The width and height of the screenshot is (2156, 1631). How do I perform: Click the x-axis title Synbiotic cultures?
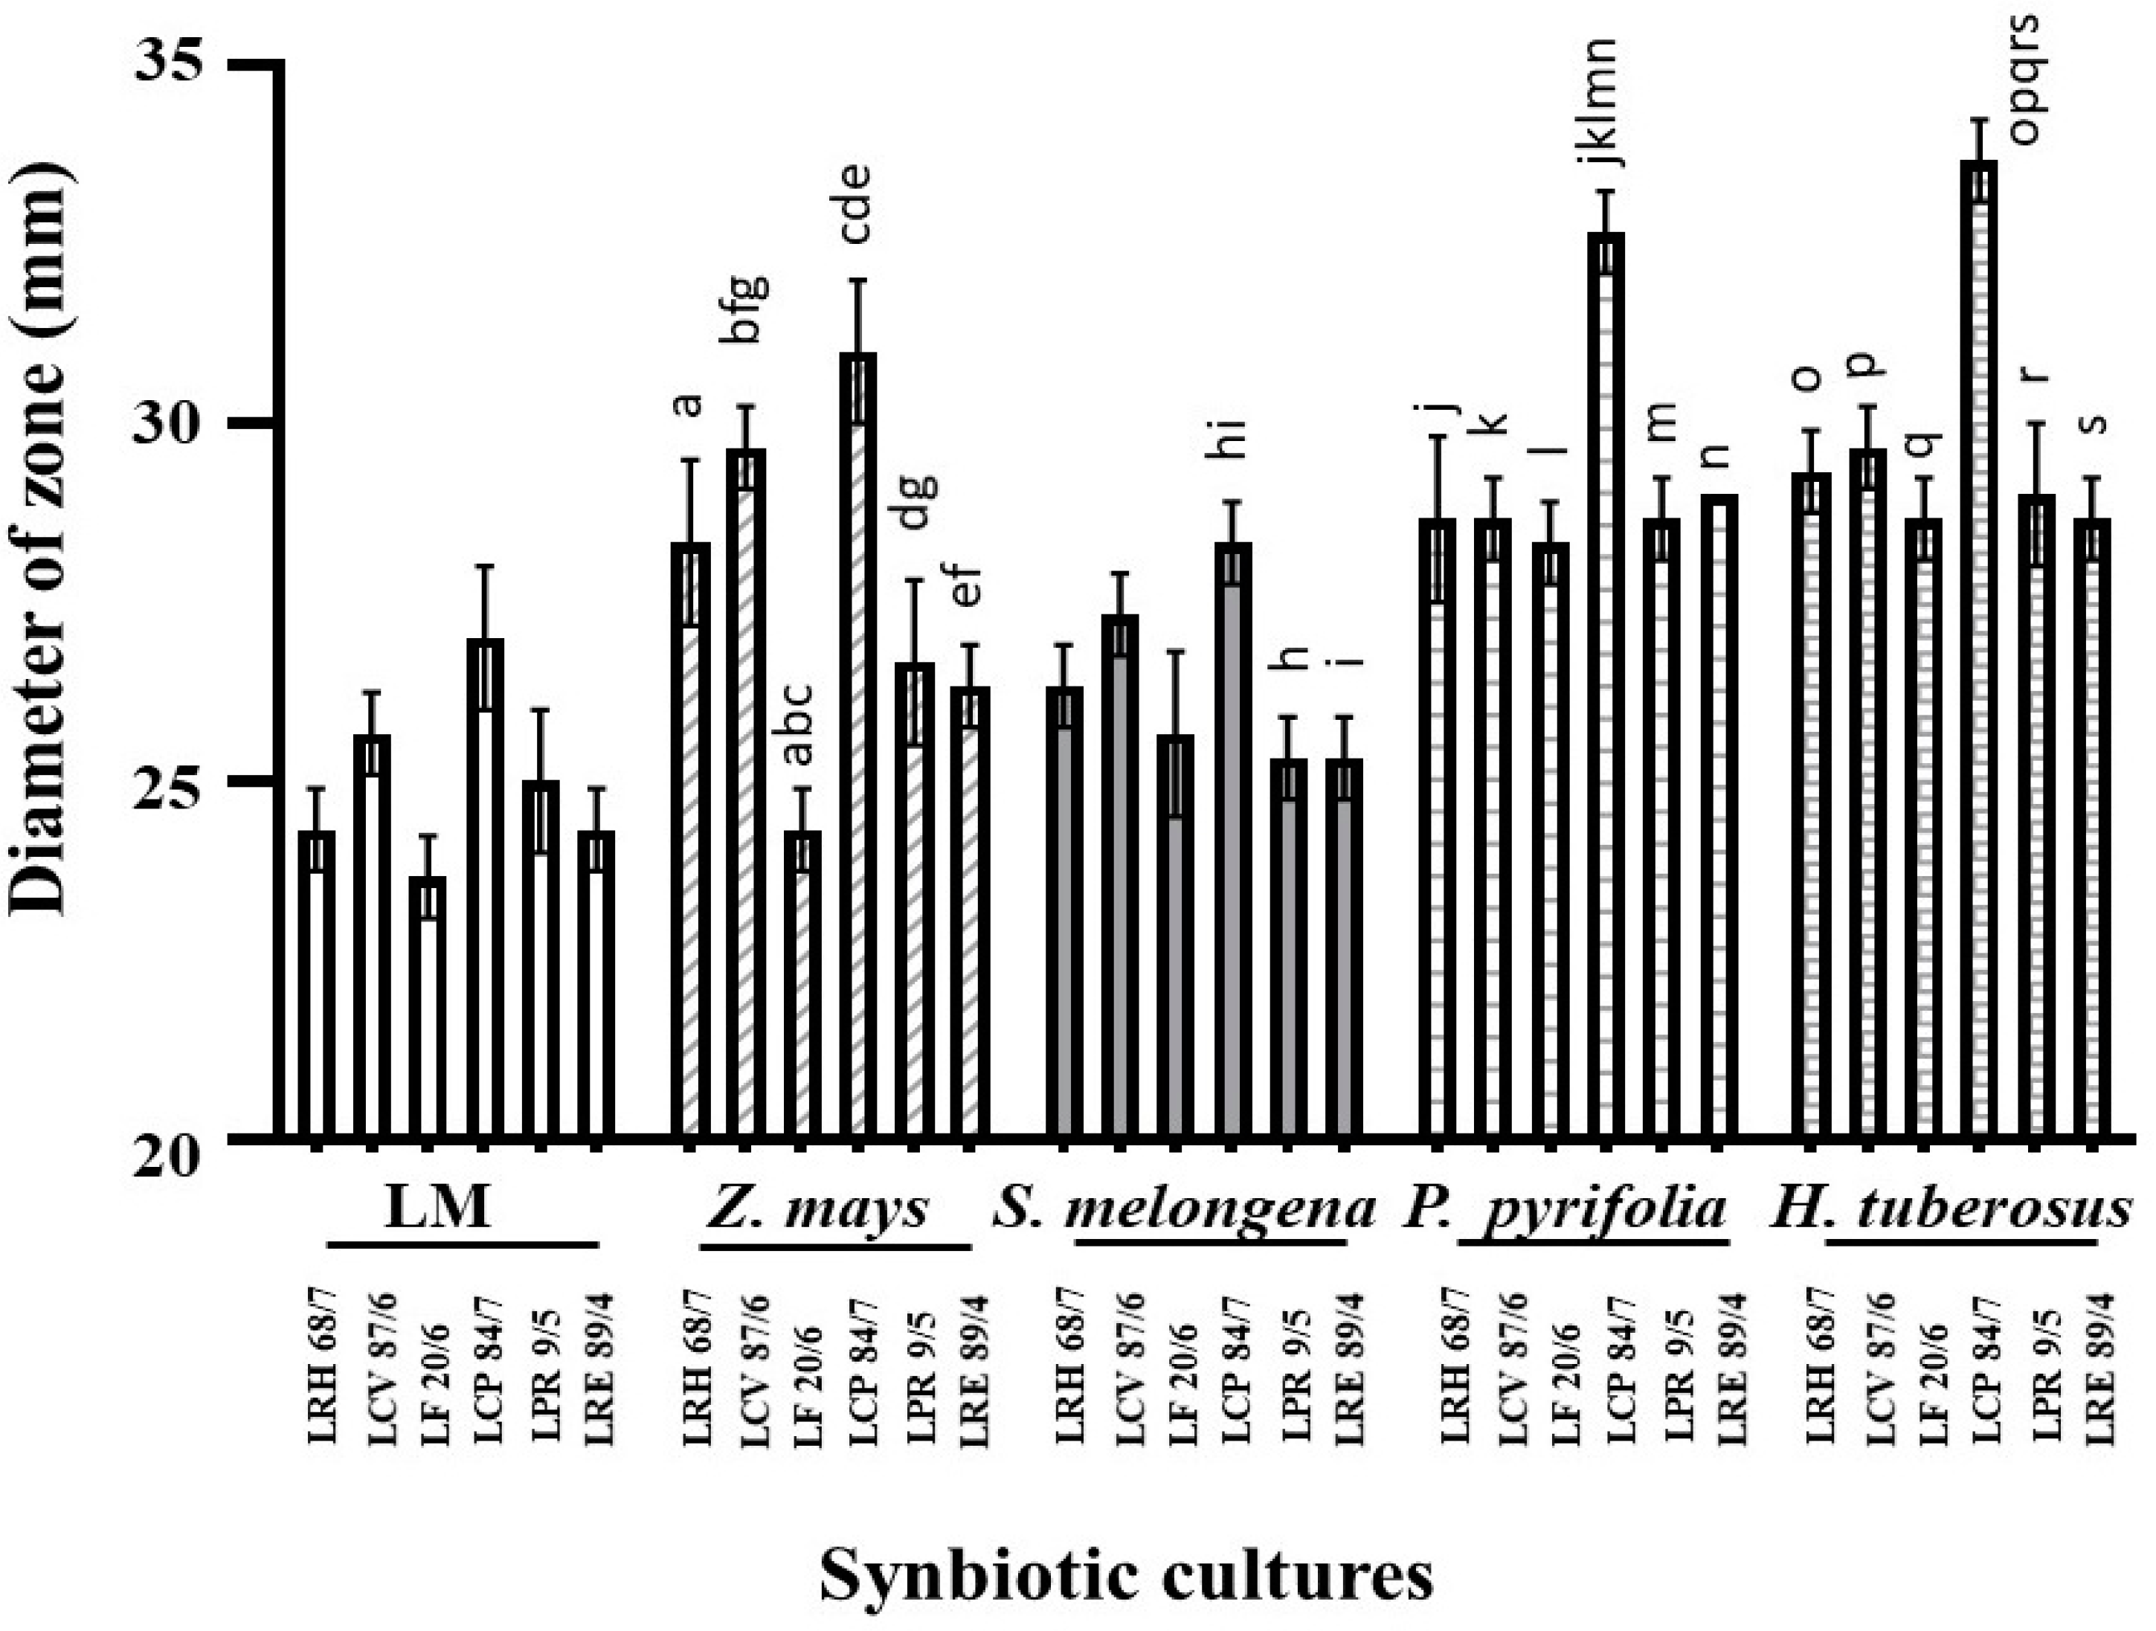(1126, 1575)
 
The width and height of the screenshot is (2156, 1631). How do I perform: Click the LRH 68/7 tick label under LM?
(319, 1365)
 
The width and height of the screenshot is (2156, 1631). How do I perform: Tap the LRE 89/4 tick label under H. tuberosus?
(2097, 1365)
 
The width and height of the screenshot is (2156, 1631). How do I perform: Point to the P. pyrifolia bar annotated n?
(1719, 816)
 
